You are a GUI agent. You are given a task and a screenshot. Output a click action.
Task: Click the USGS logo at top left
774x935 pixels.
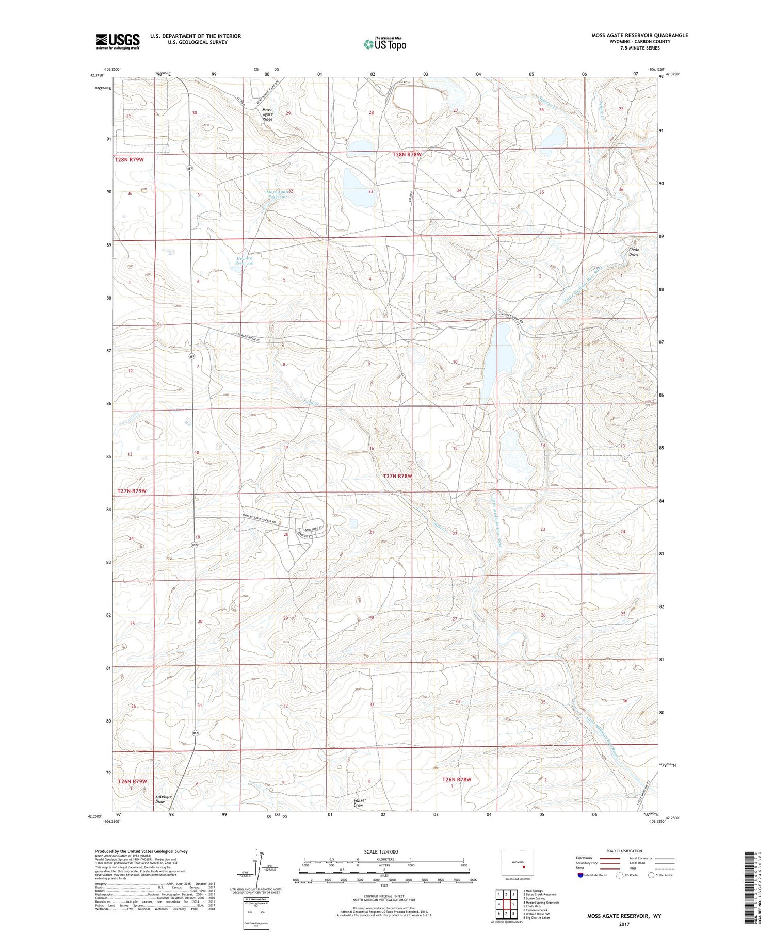point(118,41)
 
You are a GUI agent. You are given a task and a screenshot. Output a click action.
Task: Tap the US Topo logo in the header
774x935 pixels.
point(384,44)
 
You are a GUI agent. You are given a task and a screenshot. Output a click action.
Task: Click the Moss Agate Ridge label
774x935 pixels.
point(267,114)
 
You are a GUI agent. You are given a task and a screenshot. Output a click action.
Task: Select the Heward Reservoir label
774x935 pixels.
point(245,260)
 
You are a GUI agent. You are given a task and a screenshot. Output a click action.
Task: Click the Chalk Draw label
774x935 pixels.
point(634,252)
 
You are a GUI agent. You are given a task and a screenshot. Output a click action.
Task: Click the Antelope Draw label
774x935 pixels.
point(160,799)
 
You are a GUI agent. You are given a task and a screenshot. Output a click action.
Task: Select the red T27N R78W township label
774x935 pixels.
point(397,476)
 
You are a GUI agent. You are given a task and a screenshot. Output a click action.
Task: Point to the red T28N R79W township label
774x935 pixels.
point(128,160)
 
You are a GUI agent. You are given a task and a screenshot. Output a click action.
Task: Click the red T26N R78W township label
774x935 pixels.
point(457,779)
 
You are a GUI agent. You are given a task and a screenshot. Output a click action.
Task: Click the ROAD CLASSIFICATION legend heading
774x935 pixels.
point(624,851)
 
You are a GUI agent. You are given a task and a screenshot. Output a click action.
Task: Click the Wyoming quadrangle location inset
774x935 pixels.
point(518,863)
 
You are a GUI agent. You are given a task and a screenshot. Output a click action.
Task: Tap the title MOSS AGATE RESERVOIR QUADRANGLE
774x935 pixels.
point(639,35)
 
